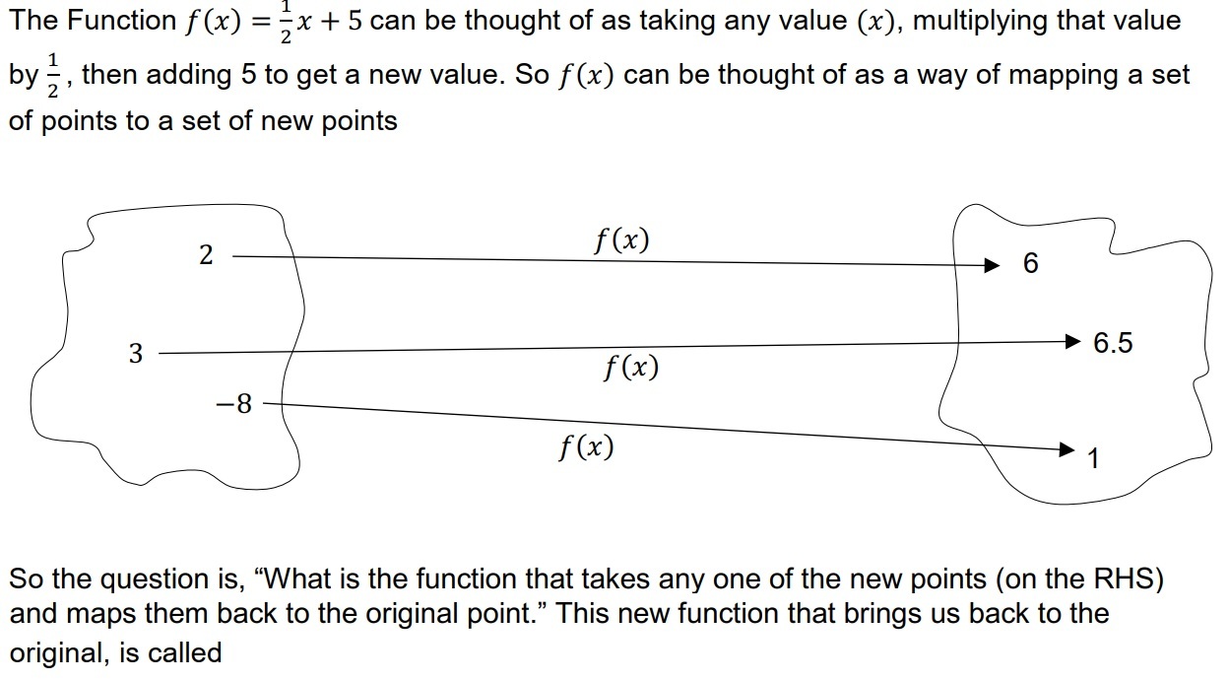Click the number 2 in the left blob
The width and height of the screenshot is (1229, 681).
(205, 255)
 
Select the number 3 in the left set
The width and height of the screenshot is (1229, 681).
(136, 353)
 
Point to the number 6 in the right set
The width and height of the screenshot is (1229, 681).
(1031, 263)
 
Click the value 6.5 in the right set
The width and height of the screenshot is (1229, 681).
(1113, 343)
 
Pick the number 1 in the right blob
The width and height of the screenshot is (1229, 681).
(1094, 459)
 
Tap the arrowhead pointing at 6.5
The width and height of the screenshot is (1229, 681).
(1073, 342)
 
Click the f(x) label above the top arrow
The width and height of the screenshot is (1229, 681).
(621, 239)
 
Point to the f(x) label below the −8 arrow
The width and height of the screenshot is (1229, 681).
(585, 447)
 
